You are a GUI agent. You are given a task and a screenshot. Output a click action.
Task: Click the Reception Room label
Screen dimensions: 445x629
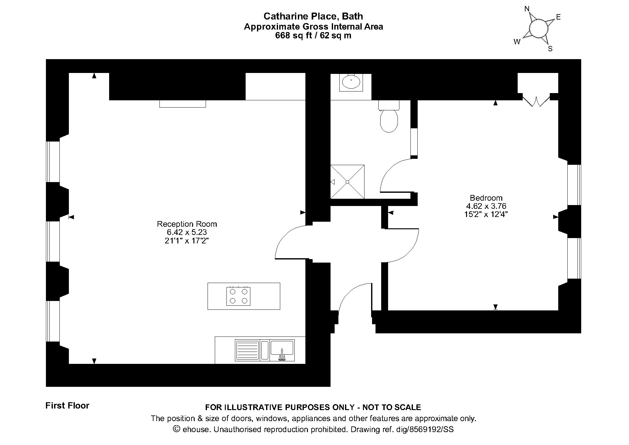point(187,224)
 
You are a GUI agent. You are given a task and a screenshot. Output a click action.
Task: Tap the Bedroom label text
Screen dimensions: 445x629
point(486,198)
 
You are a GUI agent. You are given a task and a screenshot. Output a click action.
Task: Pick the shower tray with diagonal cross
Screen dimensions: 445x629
point(347,182)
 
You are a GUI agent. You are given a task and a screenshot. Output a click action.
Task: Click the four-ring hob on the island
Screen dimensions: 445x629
point(238,296)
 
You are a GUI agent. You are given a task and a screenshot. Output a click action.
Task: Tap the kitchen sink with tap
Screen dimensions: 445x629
point(282,350)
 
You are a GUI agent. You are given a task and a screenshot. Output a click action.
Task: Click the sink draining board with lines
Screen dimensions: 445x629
point(247,350)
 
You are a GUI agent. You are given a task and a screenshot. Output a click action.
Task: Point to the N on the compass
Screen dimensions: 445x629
point(527,9)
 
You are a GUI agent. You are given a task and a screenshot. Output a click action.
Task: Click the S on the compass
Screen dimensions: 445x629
point(550,49)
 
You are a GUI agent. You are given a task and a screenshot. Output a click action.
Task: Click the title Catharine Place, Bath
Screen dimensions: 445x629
point(313,16)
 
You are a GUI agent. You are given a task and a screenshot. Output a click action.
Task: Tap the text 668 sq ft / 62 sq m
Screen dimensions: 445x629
point(313,36)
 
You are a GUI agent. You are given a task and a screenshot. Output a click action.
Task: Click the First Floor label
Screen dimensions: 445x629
point(67,406)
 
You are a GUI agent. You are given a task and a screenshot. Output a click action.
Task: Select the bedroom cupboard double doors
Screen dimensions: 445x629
point(536,100)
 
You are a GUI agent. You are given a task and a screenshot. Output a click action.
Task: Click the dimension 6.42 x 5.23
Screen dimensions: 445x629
point(187,232)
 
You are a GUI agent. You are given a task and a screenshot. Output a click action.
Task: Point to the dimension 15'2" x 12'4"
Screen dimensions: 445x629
point(486,214)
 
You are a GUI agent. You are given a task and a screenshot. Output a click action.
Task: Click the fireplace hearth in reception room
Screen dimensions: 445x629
point(182,104)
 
